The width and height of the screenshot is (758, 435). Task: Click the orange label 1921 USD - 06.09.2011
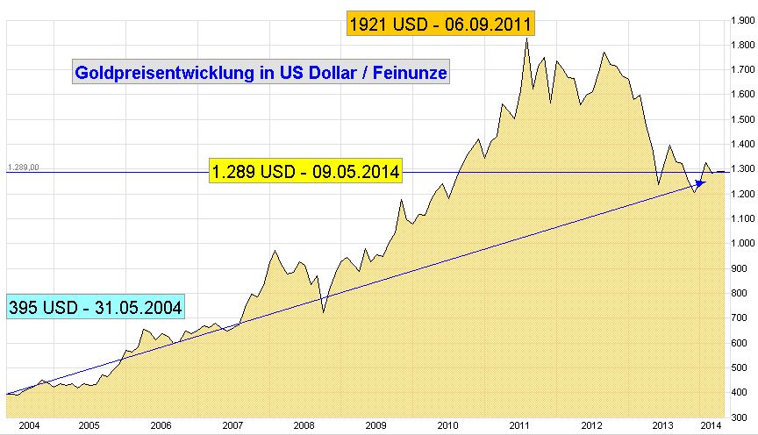point(440,25)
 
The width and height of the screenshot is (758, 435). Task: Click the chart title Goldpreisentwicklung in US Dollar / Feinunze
point(261,73)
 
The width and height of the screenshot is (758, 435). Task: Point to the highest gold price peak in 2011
point(526,39)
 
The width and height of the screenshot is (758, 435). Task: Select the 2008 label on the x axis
point(303,425)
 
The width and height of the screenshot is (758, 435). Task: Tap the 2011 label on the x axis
point(518,425)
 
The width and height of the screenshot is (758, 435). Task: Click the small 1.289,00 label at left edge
point(25,167)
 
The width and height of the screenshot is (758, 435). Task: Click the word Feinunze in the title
point(411,73)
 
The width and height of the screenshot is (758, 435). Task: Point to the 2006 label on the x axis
point(160,425)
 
